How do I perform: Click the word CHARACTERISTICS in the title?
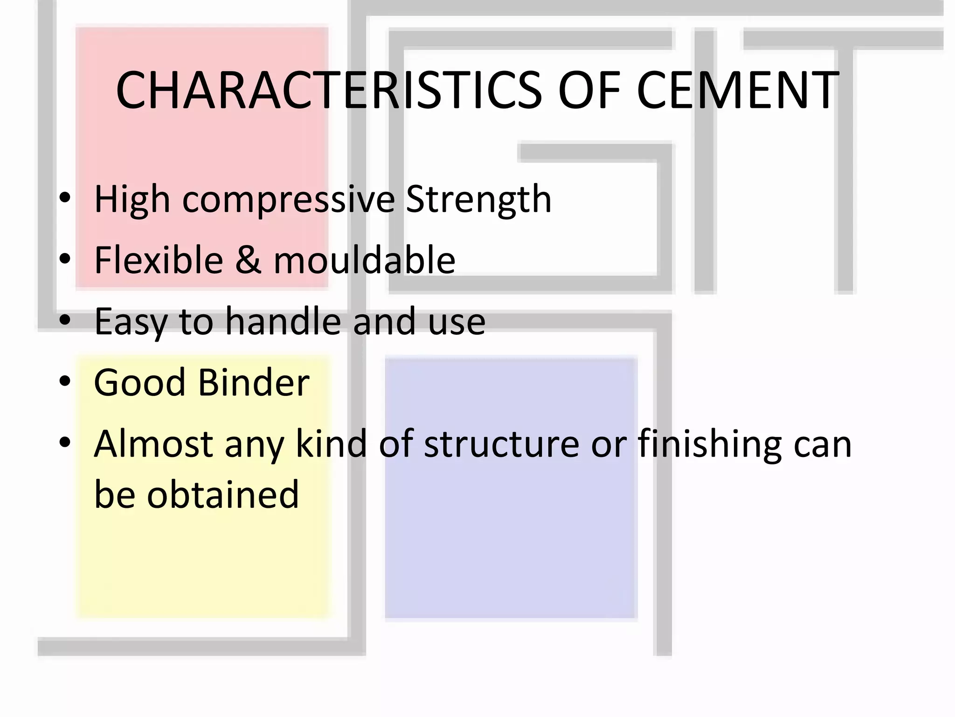tap(329, 90)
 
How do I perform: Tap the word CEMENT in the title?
tap(738, 90)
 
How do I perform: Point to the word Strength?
tap(478, 199)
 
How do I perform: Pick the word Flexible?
tap(159, 260)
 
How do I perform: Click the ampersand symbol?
tap(248, 260)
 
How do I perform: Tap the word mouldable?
tap(364, 260)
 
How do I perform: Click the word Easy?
tap(131, 322)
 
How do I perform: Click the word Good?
tap(140, 382)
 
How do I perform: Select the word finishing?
tap(709, 444)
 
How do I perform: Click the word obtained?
tap(223, 494)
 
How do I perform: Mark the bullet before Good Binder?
tap(65, 381)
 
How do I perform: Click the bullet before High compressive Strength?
tap(65, 198)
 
